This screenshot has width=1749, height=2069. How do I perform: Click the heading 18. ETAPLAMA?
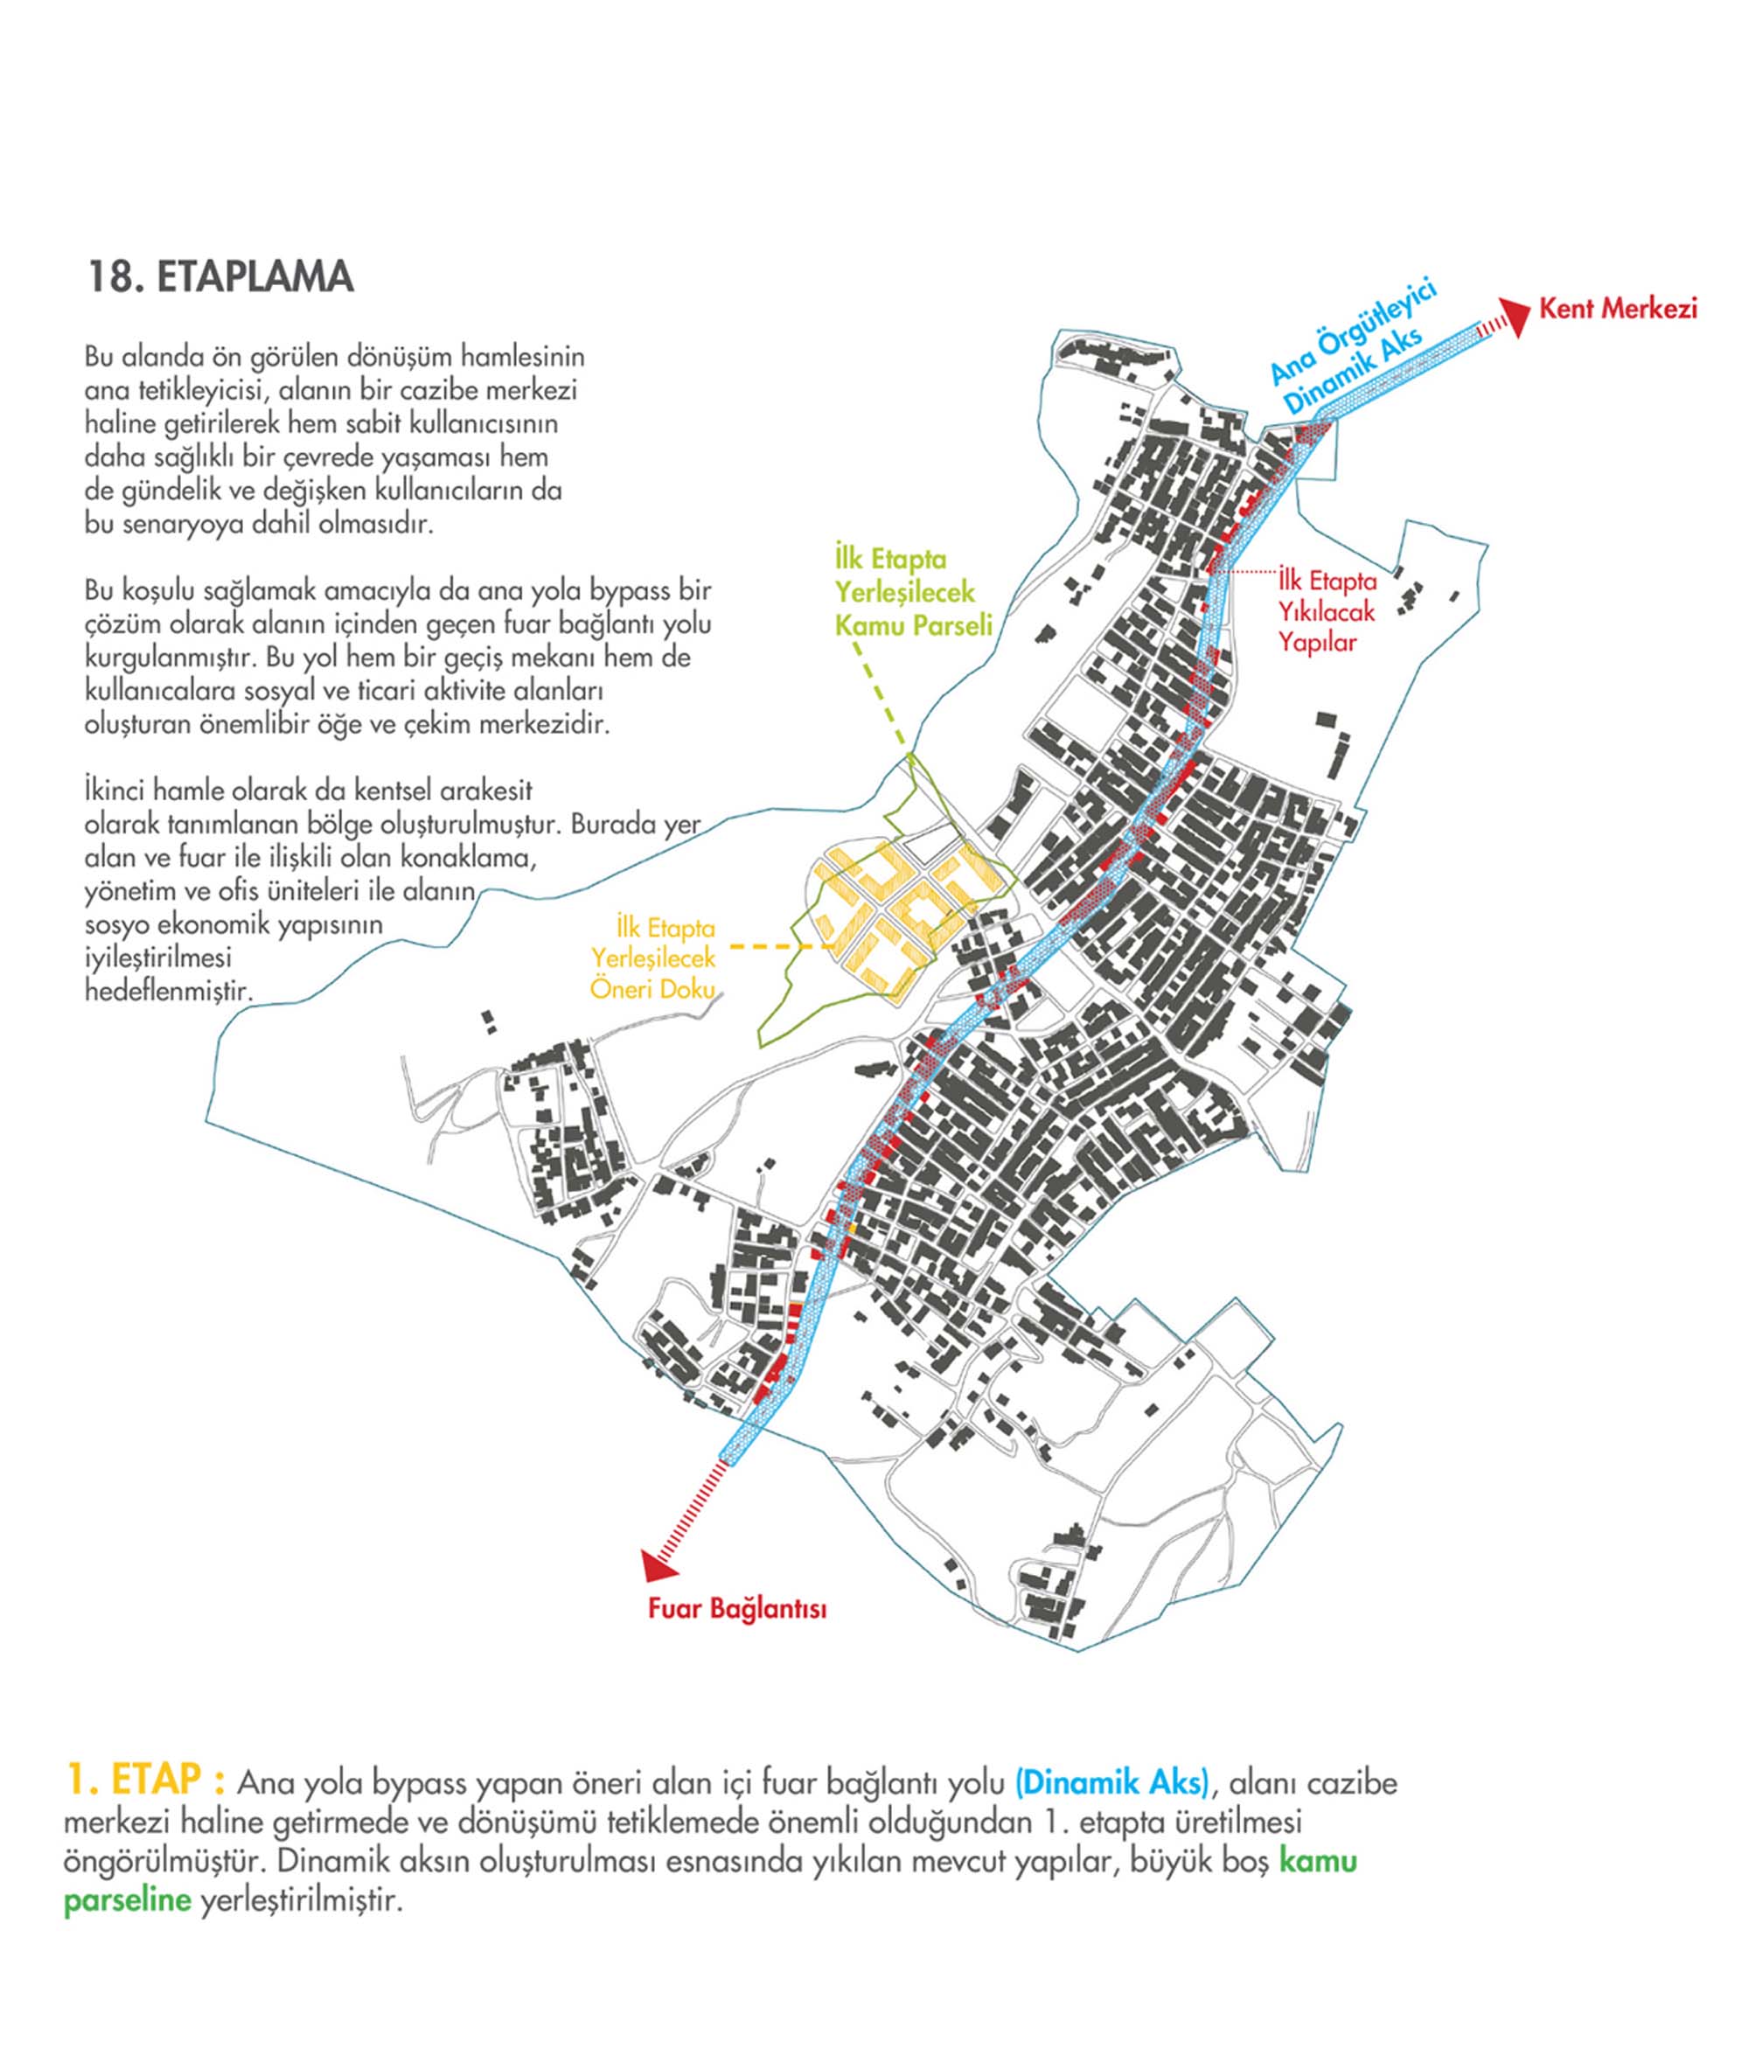(x=220, y=277)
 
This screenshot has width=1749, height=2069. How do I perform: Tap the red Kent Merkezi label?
(x=1617, y=310)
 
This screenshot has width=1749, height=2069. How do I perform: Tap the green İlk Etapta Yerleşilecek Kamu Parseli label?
(x=913, y=593)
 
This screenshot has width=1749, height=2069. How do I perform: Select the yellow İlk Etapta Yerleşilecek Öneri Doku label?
(x=653, y=958)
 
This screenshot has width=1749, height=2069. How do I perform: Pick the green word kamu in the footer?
(x=1318, y=1861)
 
